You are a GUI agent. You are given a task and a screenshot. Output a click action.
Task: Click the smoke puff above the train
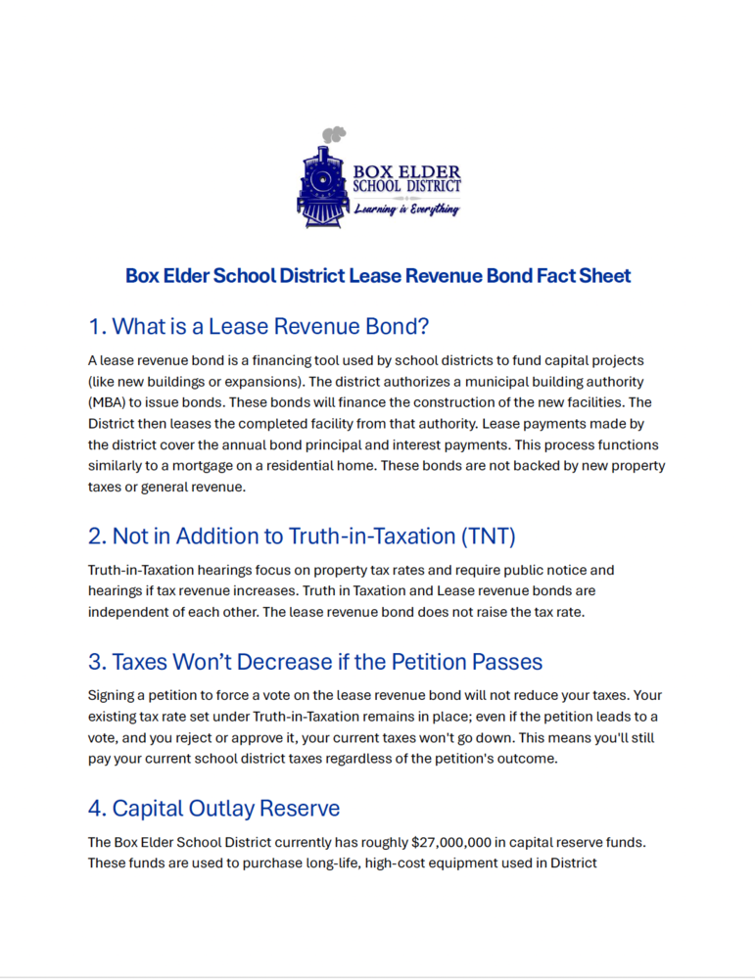335,133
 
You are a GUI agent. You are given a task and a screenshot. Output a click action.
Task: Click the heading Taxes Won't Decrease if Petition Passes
315,662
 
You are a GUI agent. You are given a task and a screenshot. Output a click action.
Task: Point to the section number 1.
95,326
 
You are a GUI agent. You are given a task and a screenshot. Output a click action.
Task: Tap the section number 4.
96,809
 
